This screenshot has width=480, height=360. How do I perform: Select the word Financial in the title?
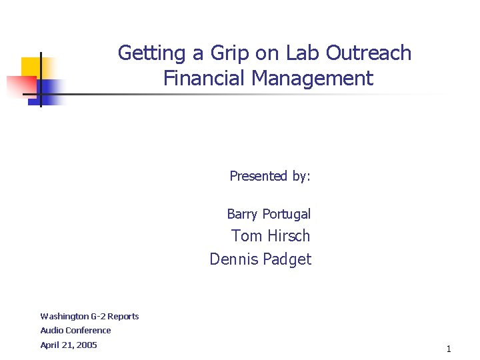click(x=205, y=79)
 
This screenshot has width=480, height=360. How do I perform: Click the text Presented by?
click(x=270, y=176)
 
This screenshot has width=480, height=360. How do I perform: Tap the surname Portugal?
click(x=286, y=214)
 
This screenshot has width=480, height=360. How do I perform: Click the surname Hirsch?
click(x=289, y=236)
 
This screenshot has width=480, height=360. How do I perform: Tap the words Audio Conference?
click(x=75, y=330)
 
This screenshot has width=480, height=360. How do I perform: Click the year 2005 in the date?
click(x=87, y=345)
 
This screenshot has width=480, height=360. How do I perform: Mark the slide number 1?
click(x=449, y=349)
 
